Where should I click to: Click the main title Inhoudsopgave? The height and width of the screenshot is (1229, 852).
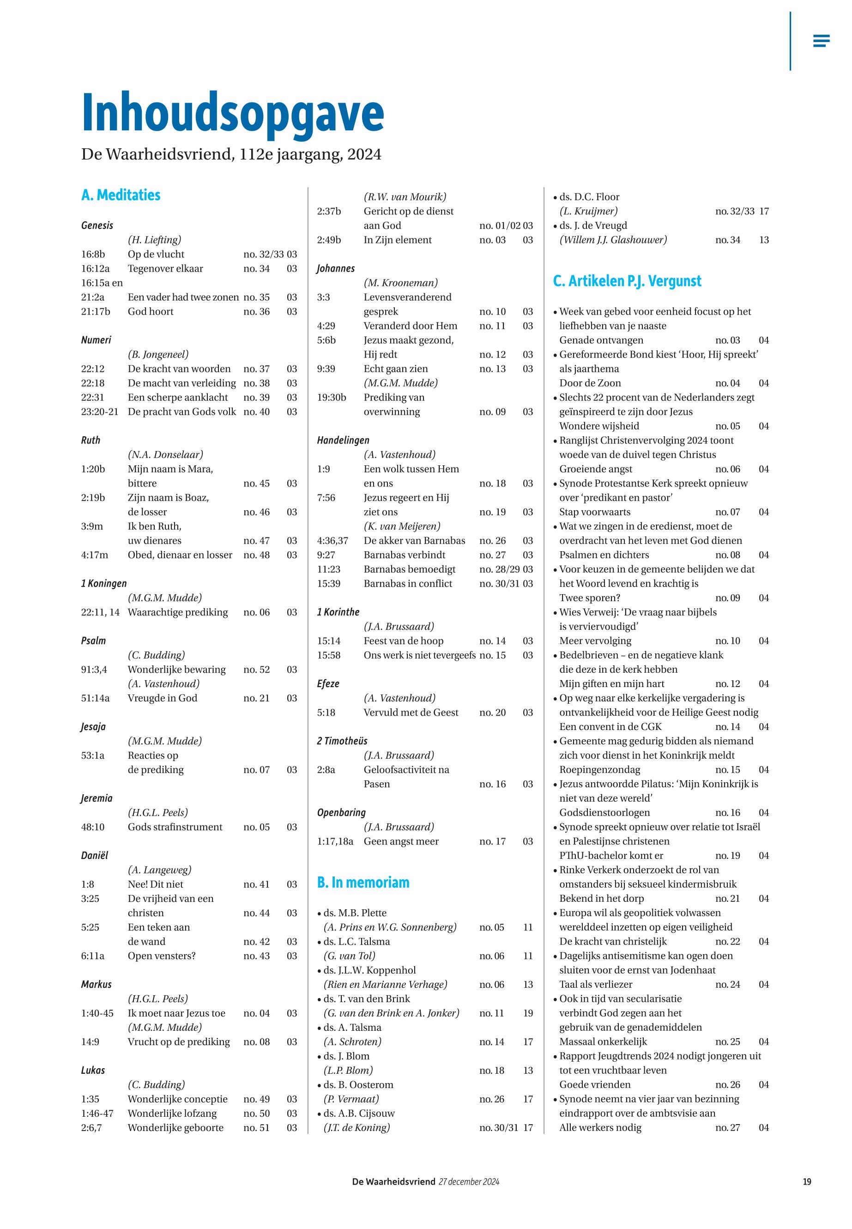click(233, 113)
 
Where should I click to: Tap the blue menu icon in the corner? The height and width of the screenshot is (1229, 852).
click(821, 41)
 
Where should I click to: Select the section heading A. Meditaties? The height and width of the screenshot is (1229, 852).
click(121, 195)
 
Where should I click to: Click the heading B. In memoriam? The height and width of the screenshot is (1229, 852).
click(363, 882)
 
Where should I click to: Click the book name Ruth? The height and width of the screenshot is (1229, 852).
click(91, 440)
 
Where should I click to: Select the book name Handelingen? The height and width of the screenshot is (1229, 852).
click(343, 440)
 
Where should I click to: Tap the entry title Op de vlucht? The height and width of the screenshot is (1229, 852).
click(156, 254)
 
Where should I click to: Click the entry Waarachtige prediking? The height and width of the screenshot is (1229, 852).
click(178, 612)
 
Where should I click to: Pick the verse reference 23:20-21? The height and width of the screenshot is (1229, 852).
click(100, 411)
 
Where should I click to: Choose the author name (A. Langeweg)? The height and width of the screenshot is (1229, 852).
click(160, 870)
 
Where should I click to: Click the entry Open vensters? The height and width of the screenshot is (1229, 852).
click(162, 955)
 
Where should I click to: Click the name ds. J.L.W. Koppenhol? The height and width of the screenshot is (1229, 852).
click(369, 970)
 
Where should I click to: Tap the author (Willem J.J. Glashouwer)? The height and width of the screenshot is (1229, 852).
click(613, 240)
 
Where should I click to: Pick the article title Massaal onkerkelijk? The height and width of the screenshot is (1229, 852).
click(603, 1041)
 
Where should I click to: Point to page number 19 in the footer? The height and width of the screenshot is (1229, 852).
click(807, 1181)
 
